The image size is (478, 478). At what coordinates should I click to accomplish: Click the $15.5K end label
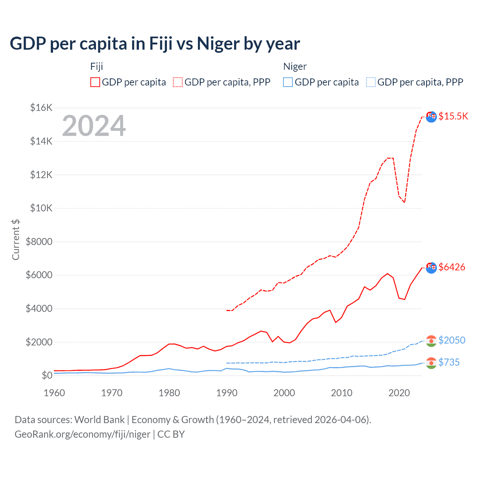[x=453, y=116]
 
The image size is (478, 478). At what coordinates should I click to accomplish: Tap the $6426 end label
[x=451, y=267]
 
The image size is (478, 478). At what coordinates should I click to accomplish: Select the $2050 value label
[x=451, y=340]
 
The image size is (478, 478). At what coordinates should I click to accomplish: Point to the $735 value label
[x=449, y=362]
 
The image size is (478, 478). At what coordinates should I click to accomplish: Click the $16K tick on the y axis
[x=41, y=108]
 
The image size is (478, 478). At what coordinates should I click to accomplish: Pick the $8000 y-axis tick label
[x=39, y=242]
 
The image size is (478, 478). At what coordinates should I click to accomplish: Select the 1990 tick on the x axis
[x=227, y=393]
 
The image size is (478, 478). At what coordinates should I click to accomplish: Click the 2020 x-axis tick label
[x=399, y=393]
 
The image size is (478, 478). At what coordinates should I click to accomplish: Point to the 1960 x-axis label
[x=55, y=393]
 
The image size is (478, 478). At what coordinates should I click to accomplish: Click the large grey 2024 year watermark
[x=94, y=126]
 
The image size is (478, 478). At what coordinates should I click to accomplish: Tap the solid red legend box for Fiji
[x=95, y=82]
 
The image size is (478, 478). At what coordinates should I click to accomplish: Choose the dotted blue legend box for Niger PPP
[x=371, y=82]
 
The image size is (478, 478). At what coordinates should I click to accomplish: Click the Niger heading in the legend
[x=295, y=66]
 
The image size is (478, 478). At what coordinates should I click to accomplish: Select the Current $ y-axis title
[x=16, y=240]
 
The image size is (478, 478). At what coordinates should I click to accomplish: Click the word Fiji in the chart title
[x=161, y=44]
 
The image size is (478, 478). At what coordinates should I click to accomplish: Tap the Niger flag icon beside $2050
[x=431, y=341]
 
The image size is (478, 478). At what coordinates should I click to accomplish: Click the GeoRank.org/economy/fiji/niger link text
[x=82, y=434]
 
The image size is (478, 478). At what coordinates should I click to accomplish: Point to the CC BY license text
[x=171, y=434]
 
